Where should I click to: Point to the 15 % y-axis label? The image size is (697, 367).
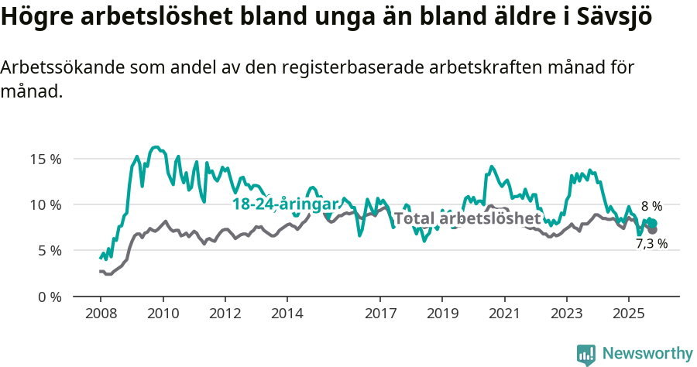pos(45,159)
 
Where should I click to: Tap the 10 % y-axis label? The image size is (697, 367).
pos(45,204)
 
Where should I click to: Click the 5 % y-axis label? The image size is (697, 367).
pos(48,250)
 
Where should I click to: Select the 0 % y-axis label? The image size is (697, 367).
pos(48,296)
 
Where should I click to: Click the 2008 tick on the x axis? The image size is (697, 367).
pos(100,316)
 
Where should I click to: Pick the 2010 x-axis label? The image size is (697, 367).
pos(163,316)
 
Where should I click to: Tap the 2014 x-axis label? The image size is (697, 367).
pos(287,316)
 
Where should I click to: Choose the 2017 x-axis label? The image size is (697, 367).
pos(379,316)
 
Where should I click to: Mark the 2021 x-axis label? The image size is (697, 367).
pos(504,316)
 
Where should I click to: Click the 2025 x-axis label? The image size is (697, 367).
pos(628,316)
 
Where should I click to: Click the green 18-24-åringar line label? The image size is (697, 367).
pos(286,204)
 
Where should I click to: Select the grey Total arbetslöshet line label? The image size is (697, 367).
pos(467,219)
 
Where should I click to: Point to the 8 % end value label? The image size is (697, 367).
pos(651,206)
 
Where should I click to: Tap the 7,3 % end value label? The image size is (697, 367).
pos(651,243)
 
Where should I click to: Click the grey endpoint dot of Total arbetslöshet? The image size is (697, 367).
pos(653,230)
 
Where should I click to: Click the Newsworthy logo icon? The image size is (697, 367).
pos(586,354)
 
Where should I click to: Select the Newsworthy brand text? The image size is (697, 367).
pos(647,354)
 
